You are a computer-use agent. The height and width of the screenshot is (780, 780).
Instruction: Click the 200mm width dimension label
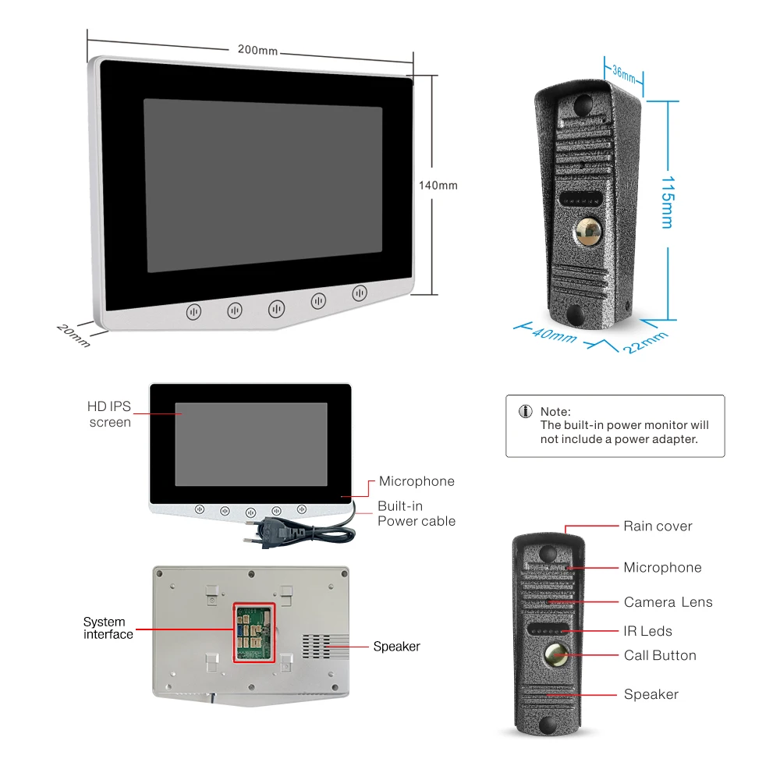257,50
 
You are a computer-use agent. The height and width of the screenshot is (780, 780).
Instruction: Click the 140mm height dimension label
438,186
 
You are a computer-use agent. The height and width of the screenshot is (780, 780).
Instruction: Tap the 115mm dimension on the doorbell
667,201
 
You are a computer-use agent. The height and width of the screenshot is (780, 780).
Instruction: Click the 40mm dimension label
554,335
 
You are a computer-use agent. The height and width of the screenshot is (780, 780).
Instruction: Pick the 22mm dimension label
645,342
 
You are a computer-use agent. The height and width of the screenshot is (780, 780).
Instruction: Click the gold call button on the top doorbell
588,231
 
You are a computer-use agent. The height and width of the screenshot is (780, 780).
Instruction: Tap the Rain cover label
658,526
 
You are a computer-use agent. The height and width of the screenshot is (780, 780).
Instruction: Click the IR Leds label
647,631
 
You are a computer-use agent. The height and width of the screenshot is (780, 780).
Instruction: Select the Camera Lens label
668,602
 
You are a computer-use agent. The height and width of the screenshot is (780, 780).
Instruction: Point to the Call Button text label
660,655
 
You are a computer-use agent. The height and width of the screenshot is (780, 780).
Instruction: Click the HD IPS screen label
109,414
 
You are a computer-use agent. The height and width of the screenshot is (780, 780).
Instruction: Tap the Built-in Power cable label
417,513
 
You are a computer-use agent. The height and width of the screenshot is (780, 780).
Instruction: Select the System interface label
108,628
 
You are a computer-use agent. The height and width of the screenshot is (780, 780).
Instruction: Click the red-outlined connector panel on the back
254,633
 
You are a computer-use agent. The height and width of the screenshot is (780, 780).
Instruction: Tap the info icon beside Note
526,412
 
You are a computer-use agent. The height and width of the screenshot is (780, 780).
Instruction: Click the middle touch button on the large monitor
276,309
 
